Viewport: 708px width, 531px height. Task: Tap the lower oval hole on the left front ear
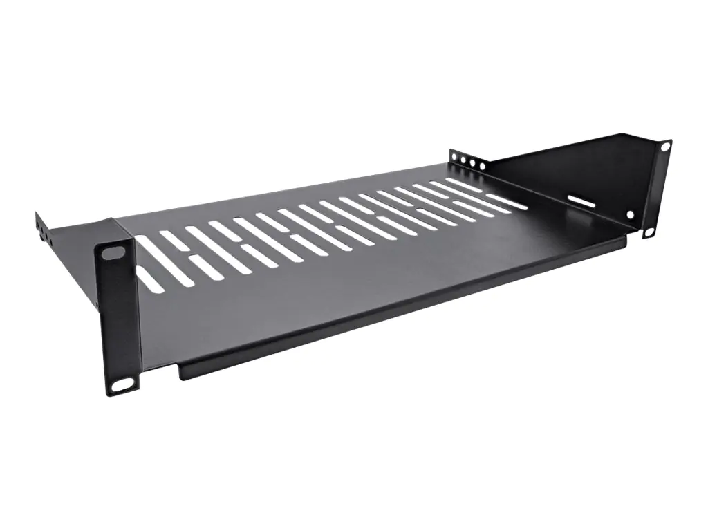(x=121, y=384)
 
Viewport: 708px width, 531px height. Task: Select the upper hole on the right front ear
(x=664, y=147)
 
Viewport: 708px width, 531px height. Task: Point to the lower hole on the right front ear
(x=649, y=232)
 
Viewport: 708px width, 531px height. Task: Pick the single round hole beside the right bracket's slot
(x=631, y=214)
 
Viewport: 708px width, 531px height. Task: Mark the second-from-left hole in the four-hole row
(x=463, y=160)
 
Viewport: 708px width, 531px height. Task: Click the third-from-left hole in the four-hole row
(x=472, y=162)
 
